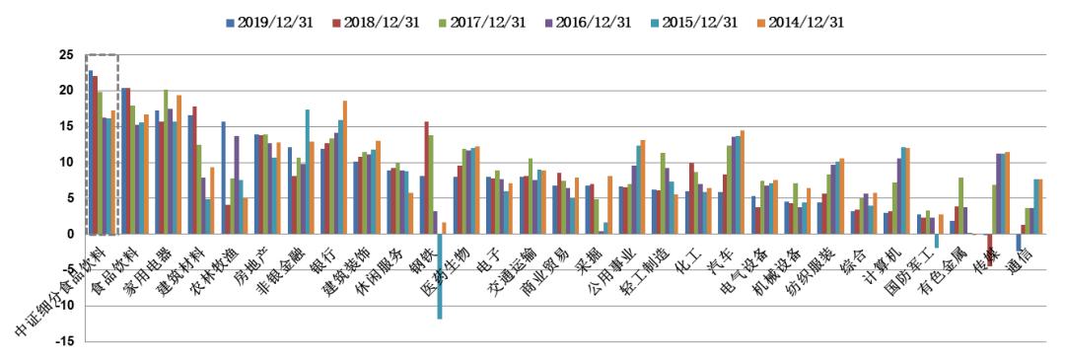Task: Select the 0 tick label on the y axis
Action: point(71,234)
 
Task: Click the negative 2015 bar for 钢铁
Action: point(440,276)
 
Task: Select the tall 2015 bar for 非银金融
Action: point(307,172)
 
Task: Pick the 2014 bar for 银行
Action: point(345,167)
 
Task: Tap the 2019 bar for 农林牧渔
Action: point(224,178)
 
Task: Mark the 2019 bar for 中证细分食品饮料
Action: point(91,152)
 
